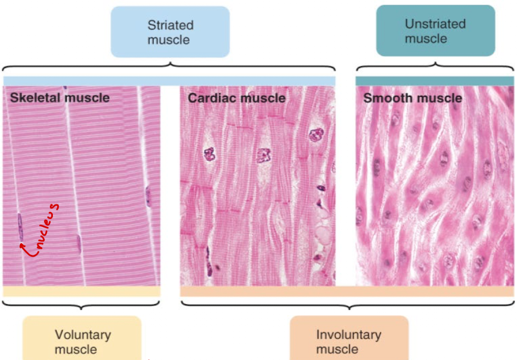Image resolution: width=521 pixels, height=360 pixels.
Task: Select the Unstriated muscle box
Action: click(435, 31)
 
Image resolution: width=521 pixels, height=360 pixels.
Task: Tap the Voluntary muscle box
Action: click(82, 340)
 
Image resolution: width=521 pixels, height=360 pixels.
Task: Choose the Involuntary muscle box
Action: click(348, 340)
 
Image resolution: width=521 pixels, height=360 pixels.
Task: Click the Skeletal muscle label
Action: click(59, 97)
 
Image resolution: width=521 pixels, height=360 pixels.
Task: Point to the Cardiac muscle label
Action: click(236, 97)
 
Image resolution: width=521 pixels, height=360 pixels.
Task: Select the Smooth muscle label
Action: click(412, 97)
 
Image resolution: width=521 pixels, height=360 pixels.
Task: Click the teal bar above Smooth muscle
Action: click(435, 80)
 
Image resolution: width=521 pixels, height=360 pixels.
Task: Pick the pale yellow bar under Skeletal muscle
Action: click(82, 291)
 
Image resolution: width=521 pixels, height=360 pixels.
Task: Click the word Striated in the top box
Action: click(170, 25)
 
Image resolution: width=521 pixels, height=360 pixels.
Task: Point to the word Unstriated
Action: click(435, 24)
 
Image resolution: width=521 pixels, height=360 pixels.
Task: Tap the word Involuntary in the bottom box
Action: click(348, 335)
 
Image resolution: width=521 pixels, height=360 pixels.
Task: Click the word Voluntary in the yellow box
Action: click(82, 335)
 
